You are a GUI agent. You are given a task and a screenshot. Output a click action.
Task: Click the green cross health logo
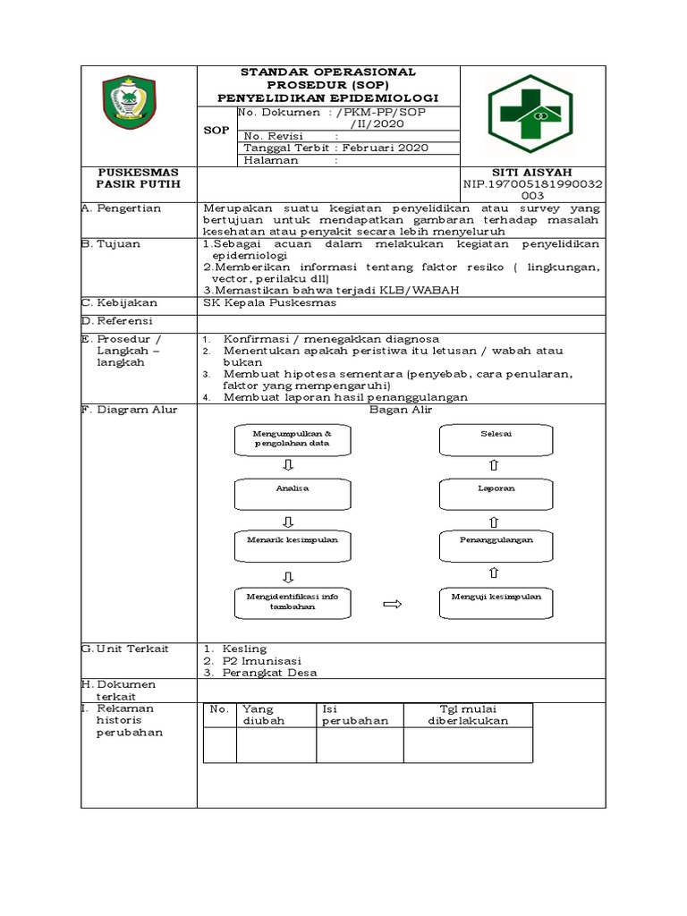(x=531, y=114)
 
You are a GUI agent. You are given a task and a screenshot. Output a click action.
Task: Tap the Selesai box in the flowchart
(x=489, y=437)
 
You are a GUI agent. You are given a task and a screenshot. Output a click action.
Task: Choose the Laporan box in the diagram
(x=489, y=490)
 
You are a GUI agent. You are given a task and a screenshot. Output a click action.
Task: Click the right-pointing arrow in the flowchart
(x=392, y=605)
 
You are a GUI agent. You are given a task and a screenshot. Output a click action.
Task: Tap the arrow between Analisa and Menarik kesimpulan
(x=288, y=520)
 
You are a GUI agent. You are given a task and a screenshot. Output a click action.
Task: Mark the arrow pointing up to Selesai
(x=494, y=465)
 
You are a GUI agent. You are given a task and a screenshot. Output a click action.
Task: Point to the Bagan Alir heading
(x=402, y=410)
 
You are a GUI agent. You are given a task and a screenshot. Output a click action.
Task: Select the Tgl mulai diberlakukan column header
(x=468, y=715)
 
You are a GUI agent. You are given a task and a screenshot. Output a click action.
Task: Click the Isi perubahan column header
(x=355, y=715)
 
